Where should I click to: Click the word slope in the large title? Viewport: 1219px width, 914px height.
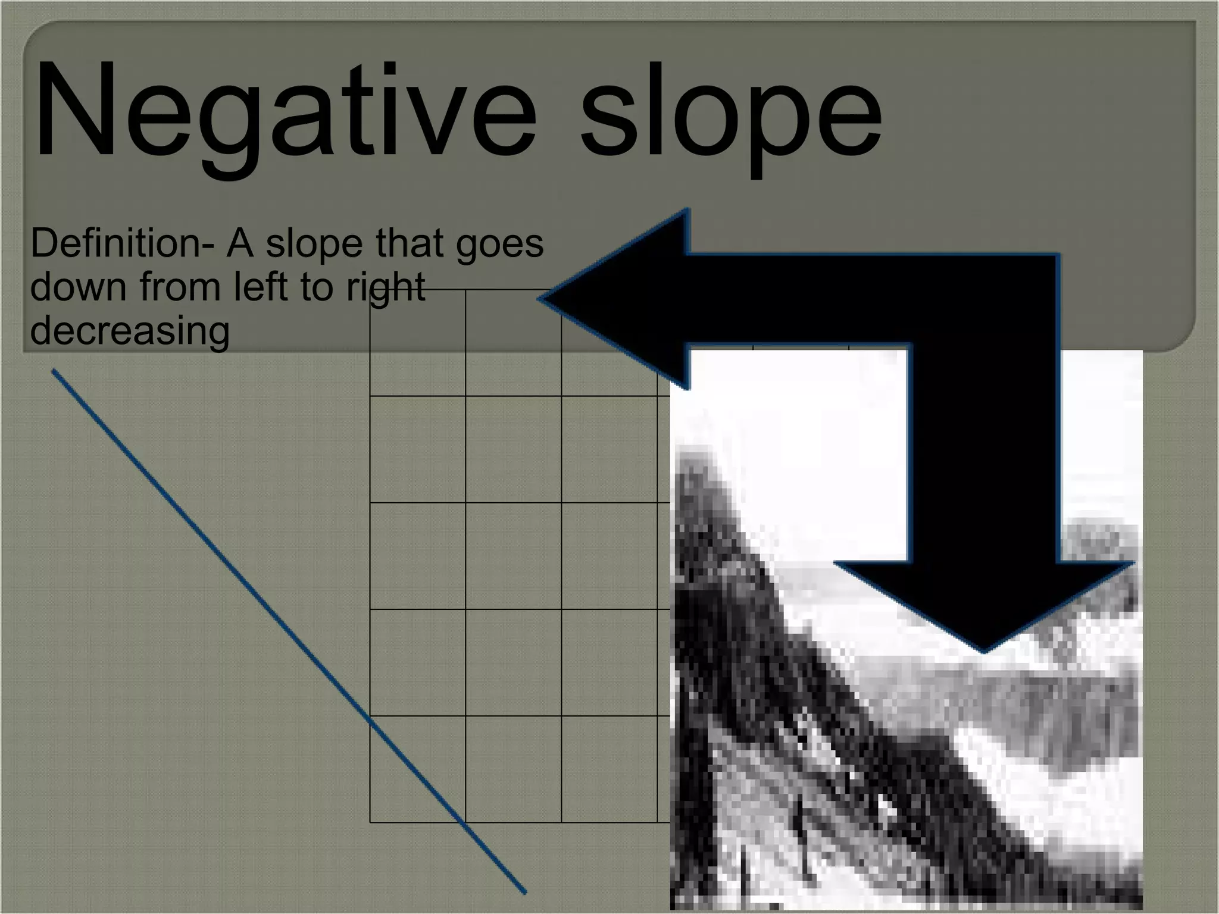[x=731, y=116]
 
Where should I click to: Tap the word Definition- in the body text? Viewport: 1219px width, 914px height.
[x=122, y=244]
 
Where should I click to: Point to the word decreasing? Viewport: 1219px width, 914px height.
[x=130, y=331]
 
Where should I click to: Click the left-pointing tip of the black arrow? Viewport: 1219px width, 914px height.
[x=540, y=299]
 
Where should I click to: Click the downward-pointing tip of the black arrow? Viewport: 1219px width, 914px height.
[x=983, y=651]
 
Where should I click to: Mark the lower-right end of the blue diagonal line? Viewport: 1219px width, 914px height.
[x=525, y=892]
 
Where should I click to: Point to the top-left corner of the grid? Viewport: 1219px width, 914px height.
[x=370, y=290]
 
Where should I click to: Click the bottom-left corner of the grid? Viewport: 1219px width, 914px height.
[x=370, y=822]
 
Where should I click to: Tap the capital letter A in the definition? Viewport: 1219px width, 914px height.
[x=239, y=244]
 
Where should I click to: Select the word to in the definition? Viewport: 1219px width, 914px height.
[x=312, y=287]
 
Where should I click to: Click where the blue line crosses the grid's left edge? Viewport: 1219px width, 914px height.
[x=370, y=722]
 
